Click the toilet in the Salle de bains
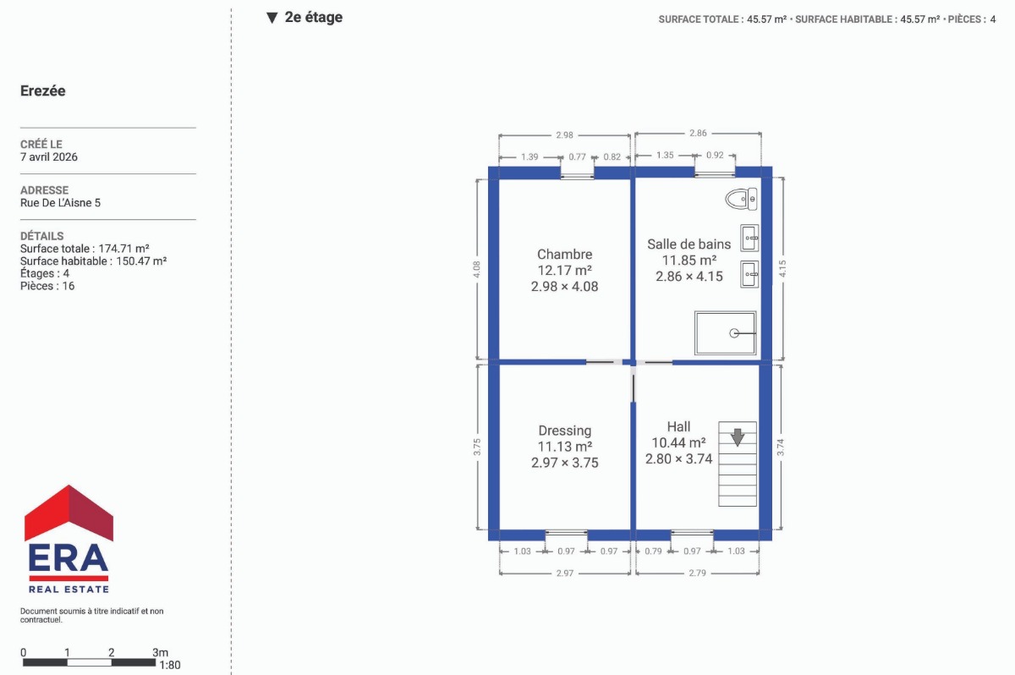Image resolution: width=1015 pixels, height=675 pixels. [x=741, y=199]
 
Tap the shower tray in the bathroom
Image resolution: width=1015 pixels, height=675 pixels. [x=725, y=333]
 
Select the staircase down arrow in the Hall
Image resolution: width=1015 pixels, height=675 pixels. [x=738, y=437]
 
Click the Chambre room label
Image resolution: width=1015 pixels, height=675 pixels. [x=565, y=254]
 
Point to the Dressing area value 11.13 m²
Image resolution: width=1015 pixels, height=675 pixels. [x=565, y=447]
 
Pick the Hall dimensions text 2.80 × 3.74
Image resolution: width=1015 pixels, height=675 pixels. [x=678, y=459]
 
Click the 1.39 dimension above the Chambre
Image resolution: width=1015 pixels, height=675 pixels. [x=529, y=156]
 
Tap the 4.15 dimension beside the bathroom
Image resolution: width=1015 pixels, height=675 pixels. [x=782, y=269]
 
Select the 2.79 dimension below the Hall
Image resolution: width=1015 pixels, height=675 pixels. [x=697, y=573]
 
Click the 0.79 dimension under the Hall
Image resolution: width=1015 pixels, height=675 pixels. [x=653, y=552]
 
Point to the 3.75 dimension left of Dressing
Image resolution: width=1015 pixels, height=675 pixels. [x=477, y=447]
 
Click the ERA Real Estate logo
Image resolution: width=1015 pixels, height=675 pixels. [x=69, y=539]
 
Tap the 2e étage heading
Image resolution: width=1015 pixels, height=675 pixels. [x=314, y=17]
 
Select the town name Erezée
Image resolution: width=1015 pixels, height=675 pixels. [x=43, y=91]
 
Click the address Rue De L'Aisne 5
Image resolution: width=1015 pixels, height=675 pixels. [x=60, y=202]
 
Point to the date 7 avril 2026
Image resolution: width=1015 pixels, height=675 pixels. [x=49, y=156]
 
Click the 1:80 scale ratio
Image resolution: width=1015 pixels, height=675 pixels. [x=170, y=665]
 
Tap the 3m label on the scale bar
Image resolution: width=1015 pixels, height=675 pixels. [x=160, y=652]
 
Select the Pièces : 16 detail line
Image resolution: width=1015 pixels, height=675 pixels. [x=47, y=286]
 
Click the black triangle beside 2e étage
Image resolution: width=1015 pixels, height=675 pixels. [x=272, y=18]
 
